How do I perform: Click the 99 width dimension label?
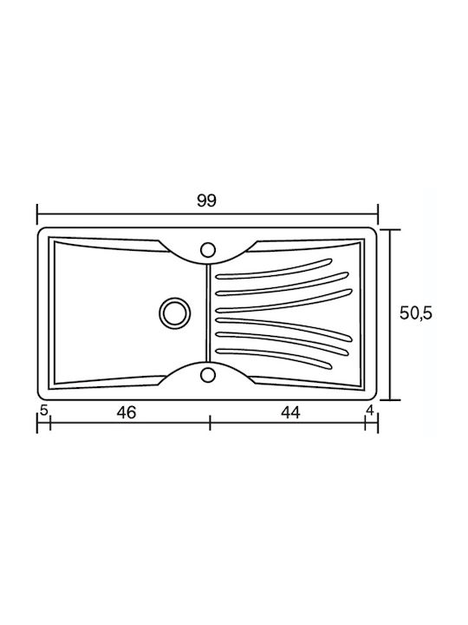(206, 201)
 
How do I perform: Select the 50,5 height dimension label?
(416, 313)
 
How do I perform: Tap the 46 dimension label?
(127, 412)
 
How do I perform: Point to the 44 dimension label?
(290, 412)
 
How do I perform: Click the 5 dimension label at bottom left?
(44, 410)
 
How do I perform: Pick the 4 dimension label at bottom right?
(370, 410)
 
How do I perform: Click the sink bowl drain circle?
(175, 312)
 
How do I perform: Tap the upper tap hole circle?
(208, 250)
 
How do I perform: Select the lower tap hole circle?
(208, 375)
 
